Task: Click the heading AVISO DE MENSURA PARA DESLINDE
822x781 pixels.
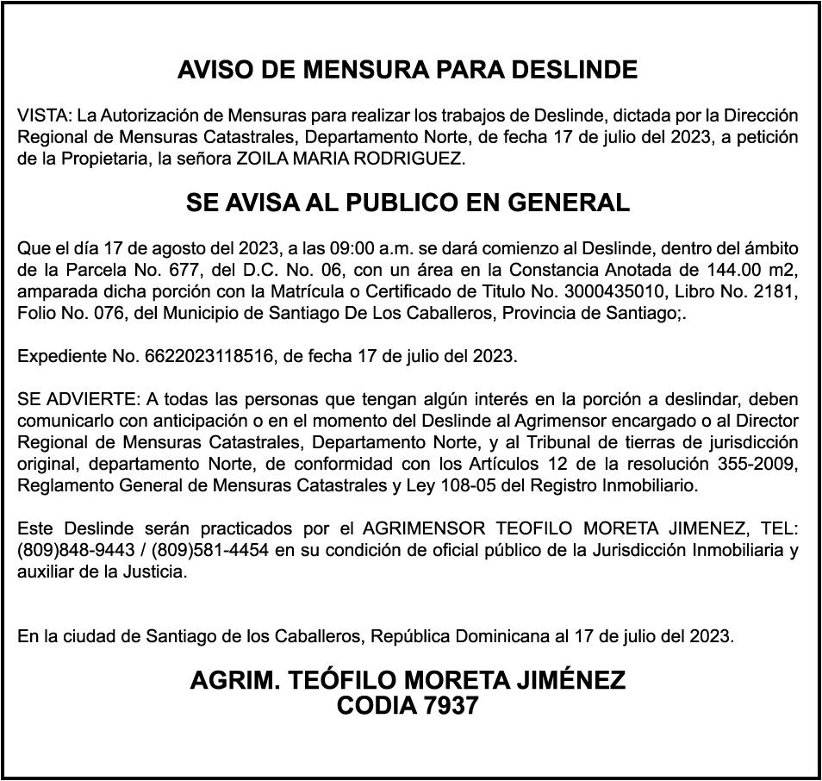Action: [408, 70]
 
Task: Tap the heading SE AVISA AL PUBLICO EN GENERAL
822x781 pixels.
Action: [408, 203]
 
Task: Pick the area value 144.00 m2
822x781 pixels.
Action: [755, 270]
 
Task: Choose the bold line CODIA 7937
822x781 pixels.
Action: [408, 706]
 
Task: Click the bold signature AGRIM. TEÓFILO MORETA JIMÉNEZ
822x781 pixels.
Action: [408, 681]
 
